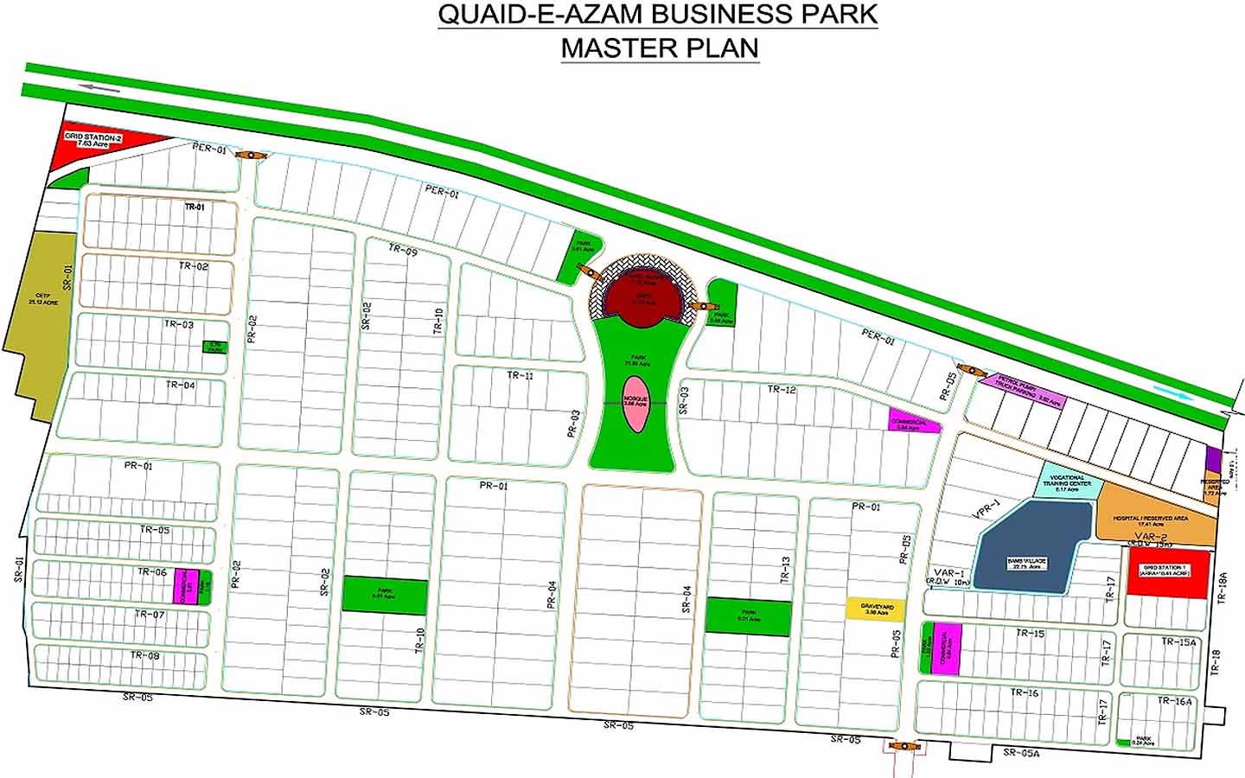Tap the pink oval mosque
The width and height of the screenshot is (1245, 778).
click(x=635, y=404)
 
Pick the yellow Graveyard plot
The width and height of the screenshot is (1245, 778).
click(x=876, y=609)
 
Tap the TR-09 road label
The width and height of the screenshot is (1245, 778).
click(x=403, y=250)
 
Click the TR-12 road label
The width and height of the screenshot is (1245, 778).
click(x=781, y=390)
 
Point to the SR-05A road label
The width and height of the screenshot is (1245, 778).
click(x=1021, y=754)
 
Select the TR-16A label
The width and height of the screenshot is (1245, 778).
click(x=1174, y=702)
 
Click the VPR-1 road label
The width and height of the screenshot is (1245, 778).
click(x=986, y=509)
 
